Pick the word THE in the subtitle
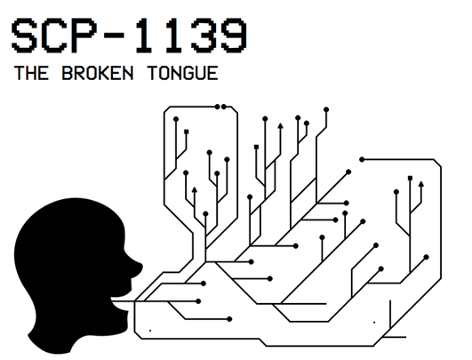click(x=33, y=74)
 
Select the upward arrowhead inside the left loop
click(x=195, y=188)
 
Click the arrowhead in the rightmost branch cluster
click(x=420, y=184)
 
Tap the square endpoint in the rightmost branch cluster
click(x=409, y=178)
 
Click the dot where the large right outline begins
click(x=361, y=160)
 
